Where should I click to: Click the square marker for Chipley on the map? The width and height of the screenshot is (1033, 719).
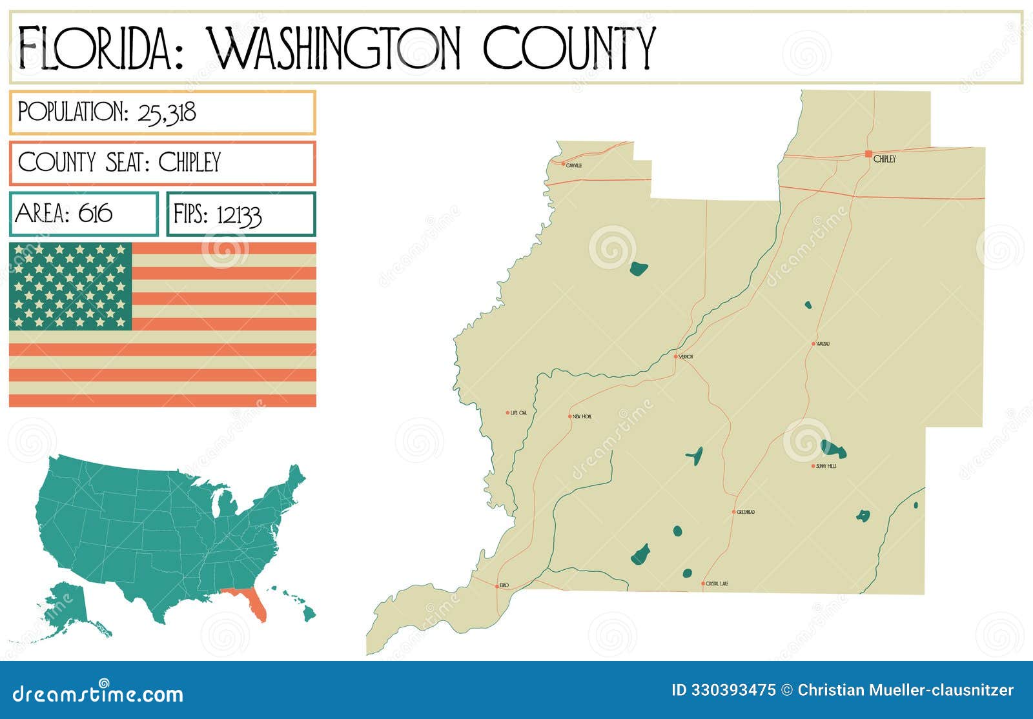(868, 154)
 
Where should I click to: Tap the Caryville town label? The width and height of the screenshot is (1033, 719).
(574, 165)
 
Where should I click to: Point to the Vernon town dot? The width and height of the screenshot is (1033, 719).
(676, 356)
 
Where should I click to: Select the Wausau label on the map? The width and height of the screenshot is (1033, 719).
(823, 344)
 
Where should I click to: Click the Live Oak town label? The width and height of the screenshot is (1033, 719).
(518, 413)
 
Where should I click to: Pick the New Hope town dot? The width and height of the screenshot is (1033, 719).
(569, 416)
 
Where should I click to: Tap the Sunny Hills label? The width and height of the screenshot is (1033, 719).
(826, 466)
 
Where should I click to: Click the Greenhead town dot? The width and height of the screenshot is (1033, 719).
(733, 512)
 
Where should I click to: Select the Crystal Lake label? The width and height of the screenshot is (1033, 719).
(717, 584)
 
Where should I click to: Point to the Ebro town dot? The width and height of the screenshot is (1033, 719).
(496, 585)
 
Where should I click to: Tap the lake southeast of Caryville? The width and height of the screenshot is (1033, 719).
(639, 268)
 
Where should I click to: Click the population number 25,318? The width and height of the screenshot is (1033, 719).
(167, 113)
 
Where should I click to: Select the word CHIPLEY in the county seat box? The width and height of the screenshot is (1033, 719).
(190, 162)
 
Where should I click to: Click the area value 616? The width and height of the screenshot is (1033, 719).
(95, 213)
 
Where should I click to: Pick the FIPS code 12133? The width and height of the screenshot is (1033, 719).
(239, 215)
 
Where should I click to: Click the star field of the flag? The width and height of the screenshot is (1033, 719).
(70, 286)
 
